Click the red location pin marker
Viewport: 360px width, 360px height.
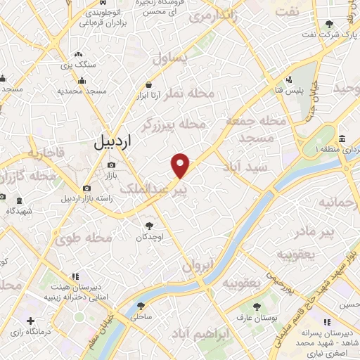coord(181,166)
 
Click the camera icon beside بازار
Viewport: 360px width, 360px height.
coord(112,166)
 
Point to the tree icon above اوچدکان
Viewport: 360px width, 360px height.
coord(149,226)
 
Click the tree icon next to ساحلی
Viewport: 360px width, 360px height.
coord(141,306)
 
